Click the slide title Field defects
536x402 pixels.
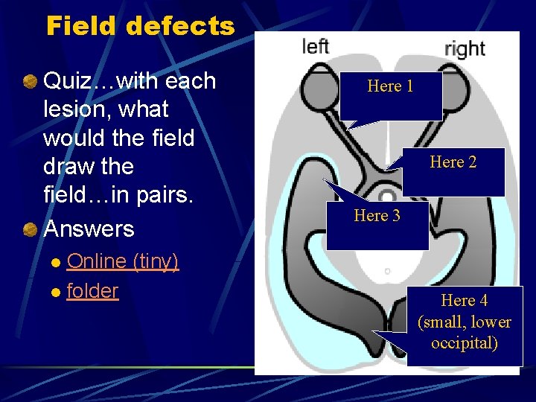(x=140, y=27)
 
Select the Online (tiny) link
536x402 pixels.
(x=123, y=261)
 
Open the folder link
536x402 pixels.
(x=92, y=291)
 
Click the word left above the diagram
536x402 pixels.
(x=316, y=47)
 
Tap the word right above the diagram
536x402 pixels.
(x=465, y=50)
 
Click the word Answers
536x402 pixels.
(x=89, y=229)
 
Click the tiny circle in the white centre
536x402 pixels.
(x=387, y=272)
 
